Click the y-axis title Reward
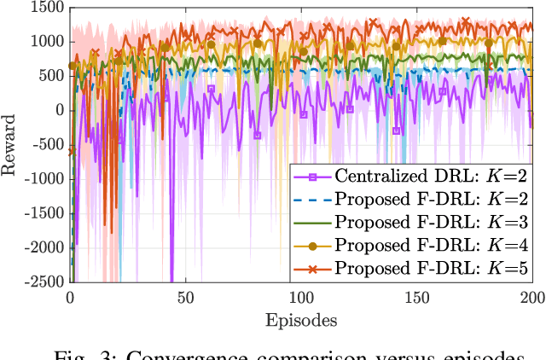[12, 145]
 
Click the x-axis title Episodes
[301, 320]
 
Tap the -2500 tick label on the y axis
[43, 282]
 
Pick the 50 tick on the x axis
[185, 298]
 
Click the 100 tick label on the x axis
[301, 298]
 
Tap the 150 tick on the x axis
[416, 298]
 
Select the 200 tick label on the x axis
[529, 298]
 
